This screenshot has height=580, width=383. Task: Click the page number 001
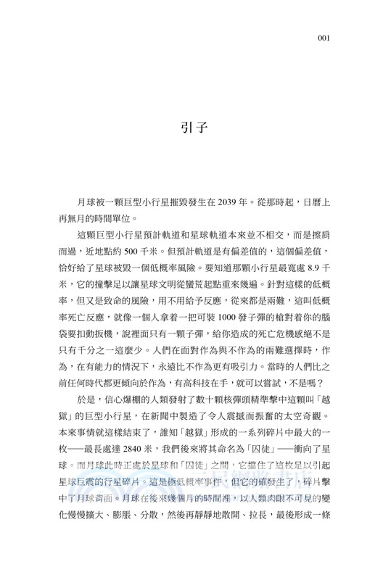click(x=325, y=38)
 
